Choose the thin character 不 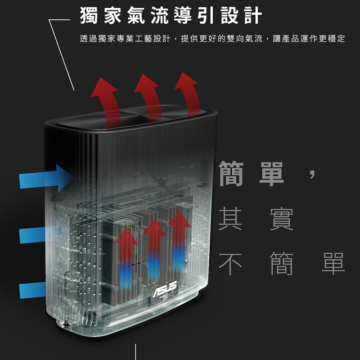pyautogui.click(x=230, y=263)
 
